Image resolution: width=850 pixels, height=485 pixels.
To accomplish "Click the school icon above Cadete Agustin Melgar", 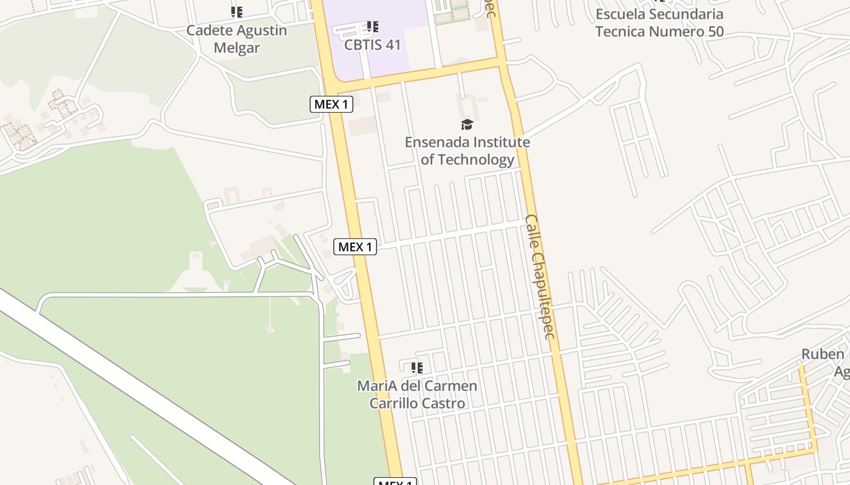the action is [237, 12].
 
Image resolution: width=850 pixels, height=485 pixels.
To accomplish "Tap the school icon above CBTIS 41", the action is [373, 27].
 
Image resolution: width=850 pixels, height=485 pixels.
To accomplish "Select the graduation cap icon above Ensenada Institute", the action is [467, 125].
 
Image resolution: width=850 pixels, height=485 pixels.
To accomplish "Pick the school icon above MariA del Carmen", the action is [416, 367].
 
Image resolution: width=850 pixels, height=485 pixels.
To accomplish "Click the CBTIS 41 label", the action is [372, 44].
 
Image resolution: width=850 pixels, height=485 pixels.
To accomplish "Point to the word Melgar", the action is [237, 48].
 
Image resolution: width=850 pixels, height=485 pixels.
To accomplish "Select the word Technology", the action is [476, 159].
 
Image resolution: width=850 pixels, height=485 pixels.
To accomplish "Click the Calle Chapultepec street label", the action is [540, 276].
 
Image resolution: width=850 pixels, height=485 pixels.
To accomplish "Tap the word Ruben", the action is [823, 354].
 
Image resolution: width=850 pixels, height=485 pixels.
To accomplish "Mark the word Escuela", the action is [620, 13].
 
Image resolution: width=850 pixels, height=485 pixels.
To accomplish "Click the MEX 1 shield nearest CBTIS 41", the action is [331, 104].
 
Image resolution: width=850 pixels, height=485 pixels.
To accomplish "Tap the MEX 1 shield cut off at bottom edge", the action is [395, 482].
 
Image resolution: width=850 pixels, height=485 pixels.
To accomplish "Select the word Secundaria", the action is [686, 13].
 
